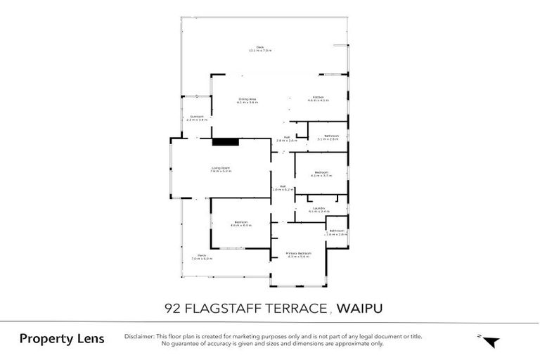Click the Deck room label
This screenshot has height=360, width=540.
point(260,47)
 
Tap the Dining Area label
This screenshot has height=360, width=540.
point(247,99)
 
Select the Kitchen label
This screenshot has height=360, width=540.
point(319,97)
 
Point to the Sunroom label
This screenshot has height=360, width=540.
point(196,116)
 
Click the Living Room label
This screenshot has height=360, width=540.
point(221,167)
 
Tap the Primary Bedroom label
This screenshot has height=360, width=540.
point(298,253)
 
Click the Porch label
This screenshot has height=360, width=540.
point(201,255)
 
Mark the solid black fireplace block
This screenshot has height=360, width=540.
point(226,141)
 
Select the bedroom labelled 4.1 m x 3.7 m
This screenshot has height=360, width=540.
point(321,176)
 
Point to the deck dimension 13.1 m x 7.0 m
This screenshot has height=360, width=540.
point(260,51)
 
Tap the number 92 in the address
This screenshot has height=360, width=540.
point(171,307)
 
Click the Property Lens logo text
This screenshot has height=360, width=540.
point(62,339)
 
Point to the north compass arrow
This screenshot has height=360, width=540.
point(491,342)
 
